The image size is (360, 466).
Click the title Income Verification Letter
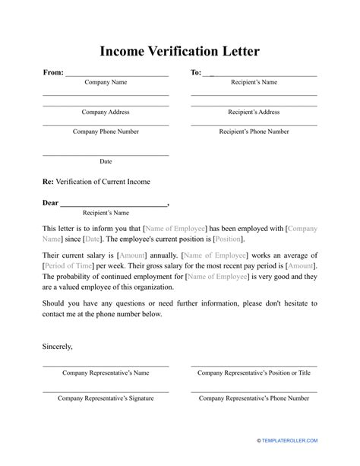point(179,52)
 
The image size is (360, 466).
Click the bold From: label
point(53,73)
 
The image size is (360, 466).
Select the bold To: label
point(196,73)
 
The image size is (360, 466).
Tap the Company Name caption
point(106,82)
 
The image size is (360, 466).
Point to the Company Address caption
point(106,112)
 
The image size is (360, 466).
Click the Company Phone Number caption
point(106,132)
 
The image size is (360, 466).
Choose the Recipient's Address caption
point(254,112)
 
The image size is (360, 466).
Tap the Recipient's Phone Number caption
point(254,132)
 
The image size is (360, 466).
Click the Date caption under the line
point(106,161)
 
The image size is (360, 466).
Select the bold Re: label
point(48,182)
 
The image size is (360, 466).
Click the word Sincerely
point(58,347)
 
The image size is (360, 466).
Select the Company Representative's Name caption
point(106,373)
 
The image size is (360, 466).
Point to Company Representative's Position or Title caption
point(254,373)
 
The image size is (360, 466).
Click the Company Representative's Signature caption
point(106,398)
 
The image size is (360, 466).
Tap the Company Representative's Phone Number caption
point(254,398)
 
